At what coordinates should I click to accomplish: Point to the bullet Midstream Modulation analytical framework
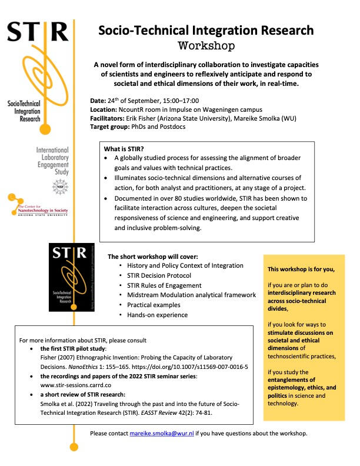click(x=192, y=295)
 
